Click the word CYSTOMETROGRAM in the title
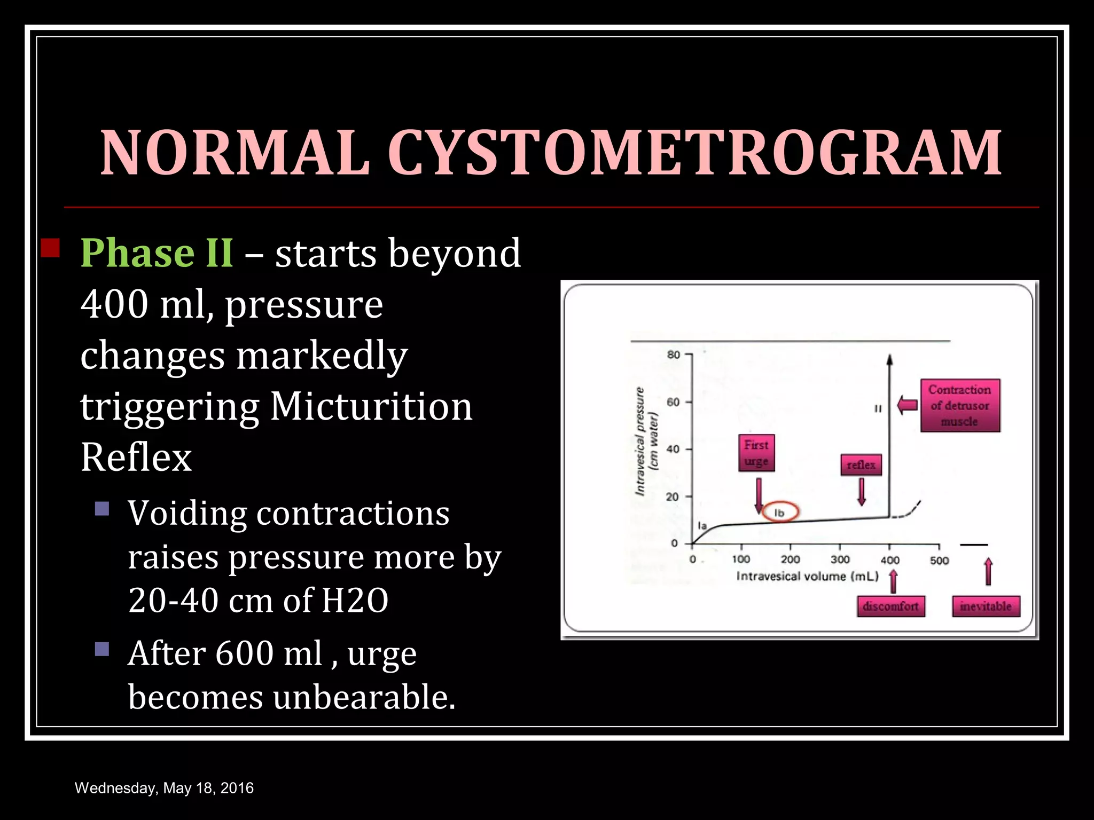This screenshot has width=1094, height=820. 694,153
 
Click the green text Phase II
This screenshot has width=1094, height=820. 157,253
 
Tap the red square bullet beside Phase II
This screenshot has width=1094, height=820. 50,248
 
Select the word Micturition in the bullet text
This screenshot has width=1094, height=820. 371,407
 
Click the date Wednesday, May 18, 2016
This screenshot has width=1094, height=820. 164,788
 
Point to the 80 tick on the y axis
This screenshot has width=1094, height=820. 674,354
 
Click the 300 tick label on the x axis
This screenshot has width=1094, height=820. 840,559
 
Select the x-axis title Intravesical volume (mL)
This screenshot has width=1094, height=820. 807,576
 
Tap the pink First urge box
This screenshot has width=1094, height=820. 756,453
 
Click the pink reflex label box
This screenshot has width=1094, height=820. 861,465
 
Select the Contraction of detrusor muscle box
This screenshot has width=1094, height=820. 960,406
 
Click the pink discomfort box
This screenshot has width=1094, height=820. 890,606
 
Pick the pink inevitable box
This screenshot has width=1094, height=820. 986,606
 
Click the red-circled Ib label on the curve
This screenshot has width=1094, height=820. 779,512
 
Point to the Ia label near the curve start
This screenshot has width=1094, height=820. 702,526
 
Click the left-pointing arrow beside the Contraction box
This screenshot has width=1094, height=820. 907,405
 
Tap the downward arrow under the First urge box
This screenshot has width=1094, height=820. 759,495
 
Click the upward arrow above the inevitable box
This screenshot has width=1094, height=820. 988,571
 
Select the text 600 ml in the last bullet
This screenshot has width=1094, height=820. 268,653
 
